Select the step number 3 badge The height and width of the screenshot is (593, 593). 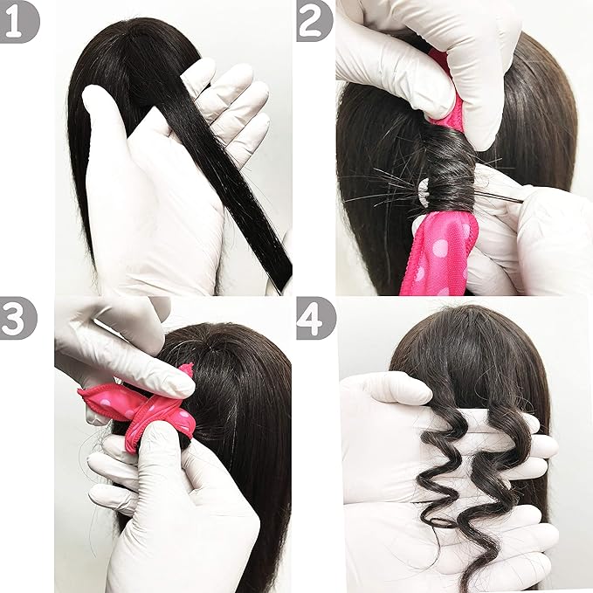(19, 319)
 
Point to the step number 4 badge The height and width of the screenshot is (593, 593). (315, 319)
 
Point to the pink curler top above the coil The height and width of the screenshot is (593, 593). (452, 100)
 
